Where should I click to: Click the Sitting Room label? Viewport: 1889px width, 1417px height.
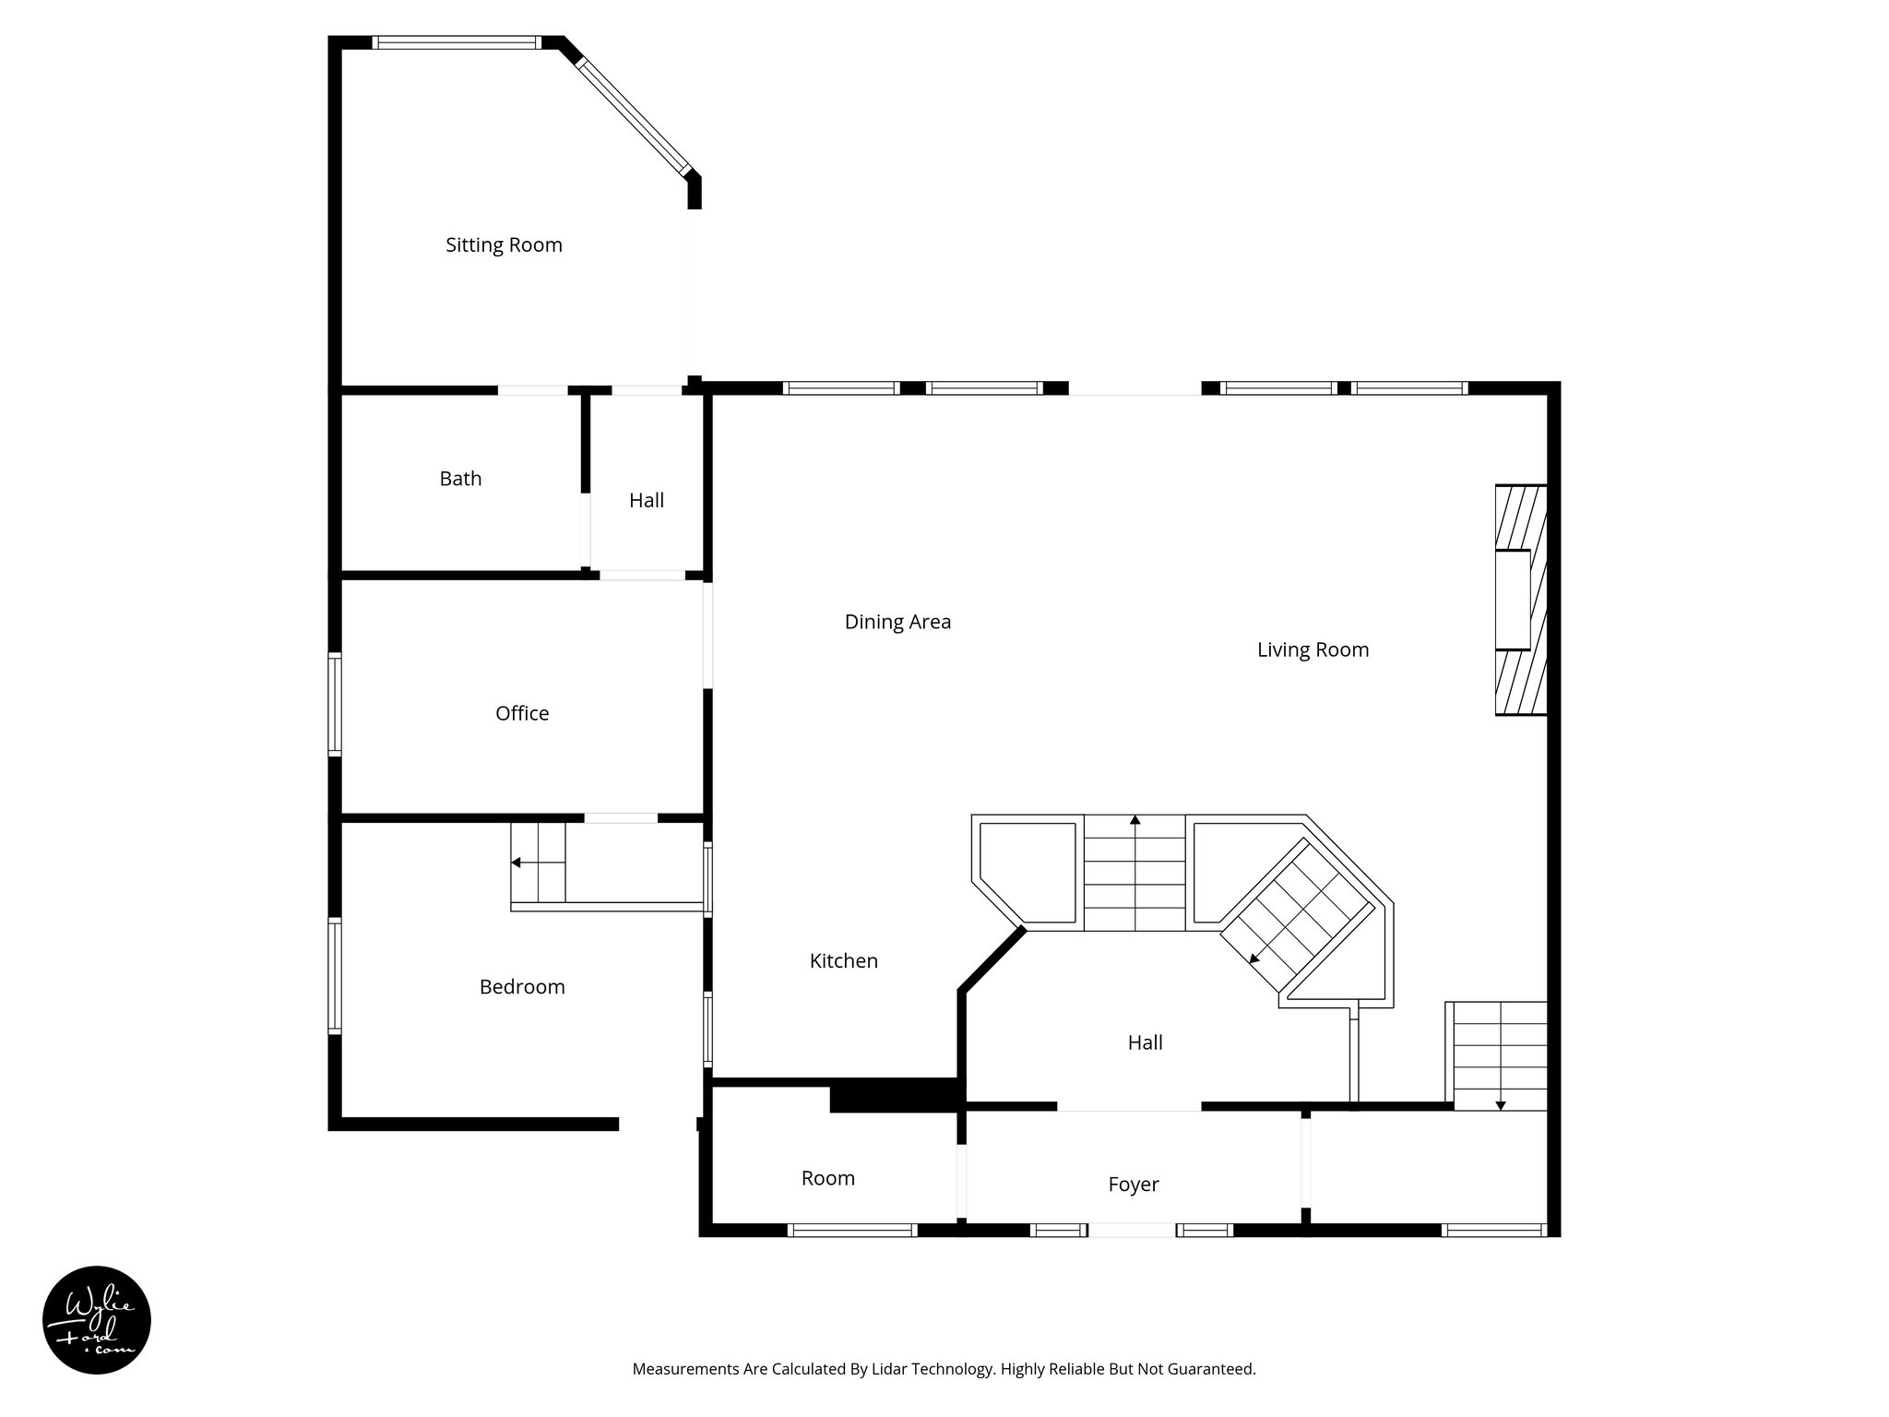point(504,245)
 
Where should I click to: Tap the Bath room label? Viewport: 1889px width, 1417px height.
point(460,479)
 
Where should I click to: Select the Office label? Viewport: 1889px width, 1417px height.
point(522,713)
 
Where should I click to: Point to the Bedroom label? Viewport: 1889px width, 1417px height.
point(522,987)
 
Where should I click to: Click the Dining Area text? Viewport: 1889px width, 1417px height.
point(897,622)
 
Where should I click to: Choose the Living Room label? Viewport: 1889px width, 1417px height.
point(1313,649)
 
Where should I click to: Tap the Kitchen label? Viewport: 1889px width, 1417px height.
point(843,961)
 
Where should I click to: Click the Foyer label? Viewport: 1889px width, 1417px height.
point(1133,1185)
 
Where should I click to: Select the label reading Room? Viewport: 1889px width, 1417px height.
point(827,1178)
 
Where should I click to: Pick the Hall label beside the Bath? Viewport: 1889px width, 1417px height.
point(647,501)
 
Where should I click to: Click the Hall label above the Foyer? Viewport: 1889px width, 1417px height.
point(1145,1042)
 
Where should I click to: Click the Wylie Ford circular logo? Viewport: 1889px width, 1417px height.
point(97,1320)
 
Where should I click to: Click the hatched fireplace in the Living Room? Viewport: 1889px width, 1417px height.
point(1520,600)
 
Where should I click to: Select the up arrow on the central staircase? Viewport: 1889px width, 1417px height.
point(1135,820)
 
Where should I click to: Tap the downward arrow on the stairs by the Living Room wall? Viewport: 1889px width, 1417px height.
point(1501,1103)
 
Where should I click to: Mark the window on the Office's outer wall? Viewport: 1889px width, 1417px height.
point(335,705)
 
